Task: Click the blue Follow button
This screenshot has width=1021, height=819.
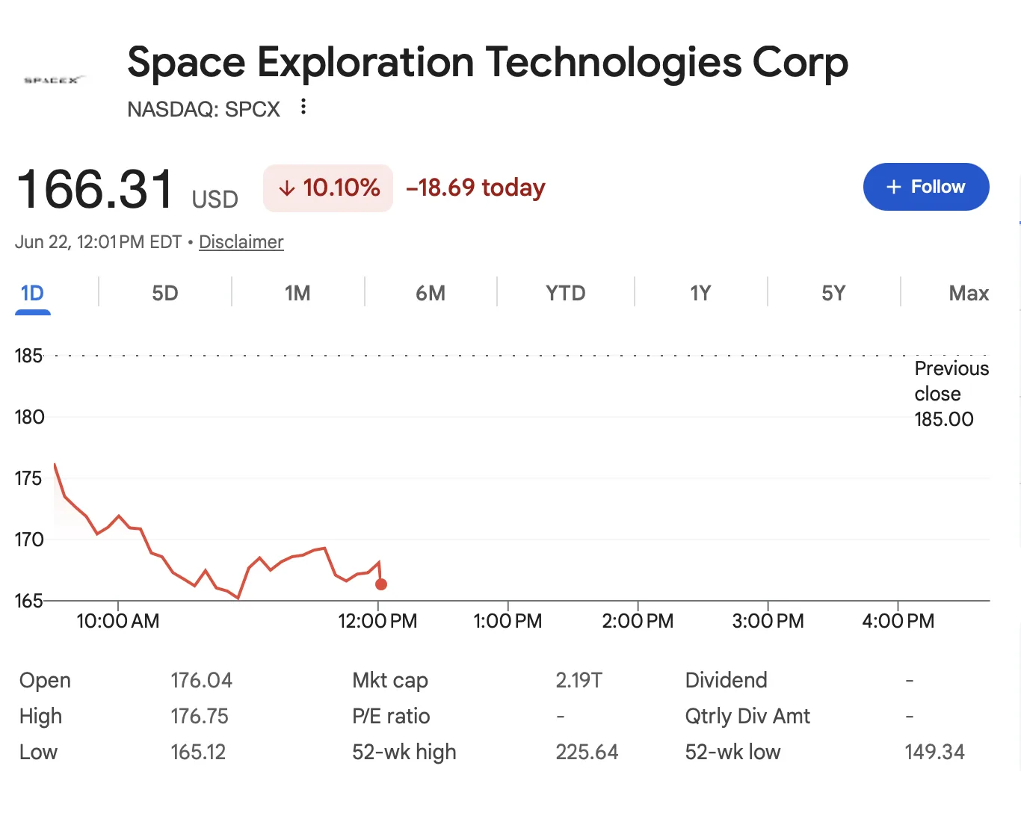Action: click(925, 187)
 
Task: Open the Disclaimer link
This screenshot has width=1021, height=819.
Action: click(241, 242)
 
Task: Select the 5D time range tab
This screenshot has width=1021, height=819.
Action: click(165, 293)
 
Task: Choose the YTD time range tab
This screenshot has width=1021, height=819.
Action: click(566, 293)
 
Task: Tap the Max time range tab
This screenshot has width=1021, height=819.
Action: click(969, 293)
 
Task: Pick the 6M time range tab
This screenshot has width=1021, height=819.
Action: click(431, 293)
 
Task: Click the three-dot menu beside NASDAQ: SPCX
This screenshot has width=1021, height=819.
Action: click(303, 107)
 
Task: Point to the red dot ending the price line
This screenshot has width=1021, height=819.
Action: click(381, 584)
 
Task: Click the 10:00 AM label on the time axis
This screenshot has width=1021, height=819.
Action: click(117, 621)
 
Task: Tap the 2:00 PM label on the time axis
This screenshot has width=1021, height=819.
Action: click(638, 621)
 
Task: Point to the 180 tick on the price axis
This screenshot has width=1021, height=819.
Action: click(29, 417)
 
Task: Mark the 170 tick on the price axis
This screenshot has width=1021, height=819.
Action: click(29, 540)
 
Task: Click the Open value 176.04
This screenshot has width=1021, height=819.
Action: click(202, 680)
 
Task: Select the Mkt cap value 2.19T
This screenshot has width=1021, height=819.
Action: click(579, 680)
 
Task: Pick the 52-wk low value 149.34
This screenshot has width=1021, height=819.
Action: click(934, 752)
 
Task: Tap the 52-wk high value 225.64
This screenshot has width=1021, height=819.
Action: click(587, 752)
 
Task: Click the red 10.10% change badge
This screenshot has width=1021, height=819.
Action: click(328, 188)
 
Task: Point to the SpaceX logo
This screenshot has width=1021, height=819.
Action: click(55, 80)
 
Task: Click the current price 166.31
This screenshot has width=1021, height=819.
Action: click(95, 189)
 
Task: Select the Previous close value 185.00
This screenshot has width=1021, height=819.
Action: click(944, 419)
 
